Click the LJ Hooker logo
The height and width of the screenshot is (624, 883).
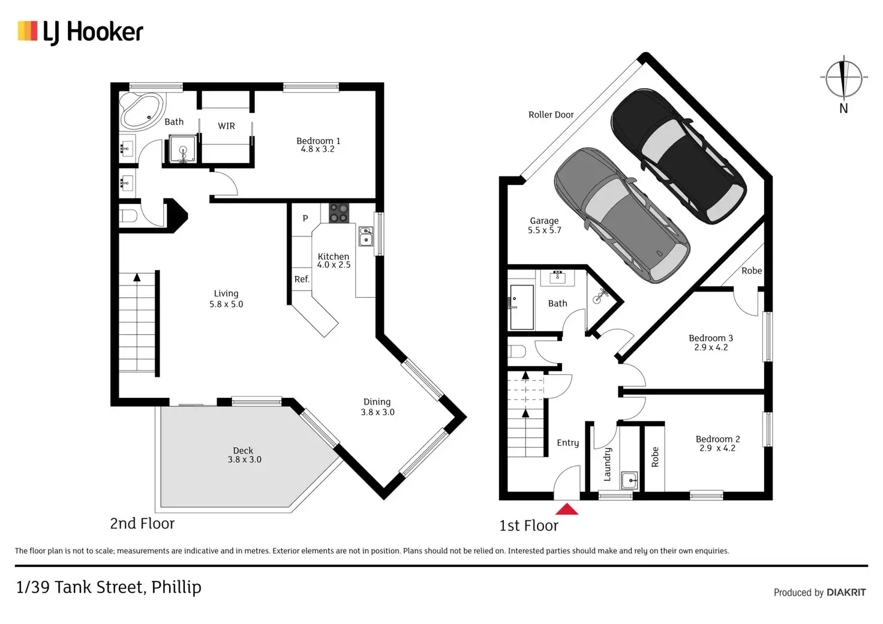pyautogui.click(x=80, y=32)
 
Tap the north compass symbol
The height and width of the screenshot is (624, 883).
pyautogui.click(x=843, y=79)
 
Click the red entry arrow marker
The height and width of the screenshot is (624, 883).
pyautogui.click(x=566, y=509)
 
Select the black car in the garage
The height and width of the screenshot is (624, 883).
pyautogui.click(x=678, y=156)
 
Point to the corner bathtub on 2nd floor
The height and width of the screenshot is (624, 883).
pyautogui.click(x=142, y=110)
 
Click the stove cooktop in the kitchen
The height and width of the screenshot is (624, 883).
pyautogui.click(x=339, y=213)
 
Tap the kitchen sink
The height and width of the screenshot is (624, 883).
pyautogui.click(x=365, y=236)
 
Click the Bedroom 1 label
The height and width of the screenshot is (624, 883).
pyautogui.click(x=318, y=141)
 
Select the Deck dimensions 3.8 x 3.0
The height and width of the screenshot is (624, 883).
pyautogui.click(x=244, y=460)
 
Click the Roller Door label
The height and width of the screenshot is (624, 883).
pyautogui.click(x=551, y=115)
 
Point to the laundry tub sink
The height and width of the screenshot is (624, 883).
pyautogui.click(x=629, y=480)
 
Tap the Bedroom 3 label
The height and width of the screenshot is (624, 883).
pyautogui.click(x=710, y=338)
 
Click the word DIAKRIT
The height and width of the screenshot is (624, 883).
pyautogui.click(x=846, y=592)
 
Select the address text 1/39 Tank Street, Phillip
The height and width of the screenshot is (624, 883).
pyautogui.click(x=109, y=587)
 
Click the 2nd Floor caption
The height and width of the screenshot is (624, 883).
pyautogui.click(x=142, y=523)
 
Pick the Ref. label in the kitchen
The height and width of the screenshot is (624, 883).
pyautogui.click(x=302, y=279)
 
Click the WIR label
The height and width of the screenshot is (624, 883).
pyautogui.click(x=226, y=126)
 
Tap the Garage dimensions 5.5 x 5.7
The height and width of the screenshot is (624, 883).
pyautogui.click(x=544, y=230)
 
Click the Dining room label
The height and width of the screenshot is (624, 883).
pyautogui.click(x=377, y=402)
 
